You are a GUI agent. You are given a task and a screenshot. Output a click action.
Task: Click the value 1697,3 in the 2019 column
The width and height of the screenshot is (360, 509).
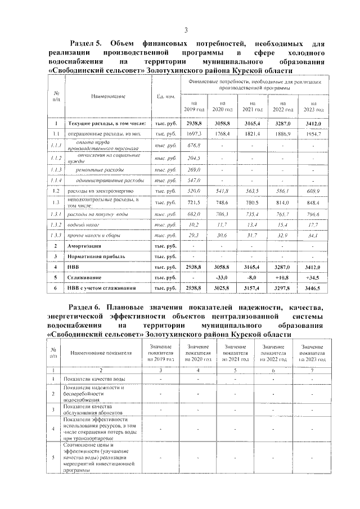(x=193, y=133)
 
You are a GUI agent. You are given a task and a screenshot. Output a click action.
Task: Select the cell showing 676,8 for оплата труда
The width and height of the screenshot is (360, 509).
(x=193, y=145)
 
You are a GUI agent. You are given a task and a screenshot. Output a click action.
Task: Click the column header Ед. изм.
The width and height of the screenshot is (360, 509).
(x=165, y=96)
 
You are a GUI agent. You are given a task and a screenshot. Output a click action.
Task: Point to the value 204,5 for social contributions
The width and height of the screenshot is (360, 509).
(x=193, y=157)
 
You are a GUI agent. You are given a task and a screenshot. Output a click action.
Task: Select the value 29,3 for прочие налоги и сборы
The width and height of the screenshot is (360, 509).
(x=193, y=235)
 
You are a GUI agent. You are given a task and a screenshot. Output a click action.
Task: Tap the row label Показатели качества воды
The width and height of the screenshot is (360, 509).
(x=94, y=379)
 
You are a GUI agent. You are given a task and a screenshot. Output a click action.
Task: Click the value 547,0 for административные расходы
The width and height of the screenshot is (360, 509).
(x=193, y=181)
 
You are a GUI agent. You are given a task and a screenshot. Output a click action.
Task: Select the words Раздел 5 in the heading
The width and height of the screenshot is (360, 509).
(x=84, y=43)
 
